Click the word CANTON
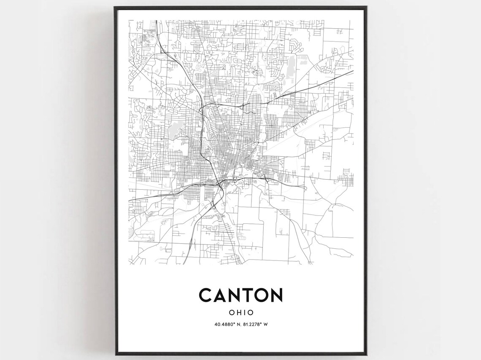click(x=240, y=295)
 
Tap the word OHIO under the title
click(x=241, y=313)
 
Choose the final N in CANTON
click(x=276, y=295)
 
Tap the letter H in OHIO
click(x=238, y=313)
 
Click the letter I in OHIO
click(x=244, y=313)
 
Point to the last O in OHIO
click(x=250, y=313)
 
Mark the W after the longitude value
click(x=267, y=325)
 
